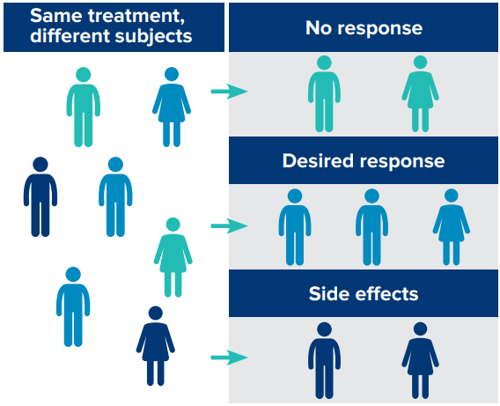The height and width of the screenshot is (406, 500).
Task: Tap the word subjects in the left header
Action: click(x=154, y=36)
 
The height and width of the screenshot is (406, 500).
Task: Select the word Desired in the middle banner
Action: click(x=319, y=160)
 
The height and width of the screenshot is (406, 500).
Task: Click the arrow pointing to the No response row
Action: click(x=229, y=92)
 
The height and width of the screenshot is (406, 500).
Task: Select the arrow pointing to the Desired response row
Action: click(x=229, y=226)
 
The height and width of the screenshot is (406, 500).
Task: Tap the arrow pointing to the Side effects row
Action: click(x=229, y=358)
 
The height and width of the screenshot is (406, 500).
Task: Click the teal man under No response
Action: click(x=324, y=93)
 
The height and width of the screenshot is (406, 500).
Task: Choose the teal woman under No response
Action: click(x=420, y=93)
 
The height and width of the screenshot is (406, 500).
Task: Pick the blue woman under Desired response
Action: click(x=452, y=227)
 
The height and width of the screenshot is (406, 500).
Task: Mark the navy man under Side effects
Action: click(x=324, y=361)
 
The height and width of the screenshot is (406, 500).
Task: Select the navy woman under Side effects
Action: click(x=420, y=361)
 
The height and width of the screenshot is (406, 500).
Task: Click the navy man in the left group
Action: click(x=40, y=196)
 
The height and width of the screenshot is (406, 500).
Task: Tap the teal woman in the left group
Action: click(x=173, y=257)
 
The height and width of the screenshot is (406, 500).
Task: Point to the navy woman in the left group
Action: click(x=156, y=346)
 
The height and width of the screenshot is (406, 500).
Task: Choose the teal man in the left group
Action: click(x=84, y=107)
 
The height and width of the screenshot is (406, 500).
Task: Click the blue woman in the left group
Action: click(x=172, y=107)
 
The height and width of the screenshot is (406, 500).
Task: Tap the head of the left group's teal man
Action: click(x=84, y=75)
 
